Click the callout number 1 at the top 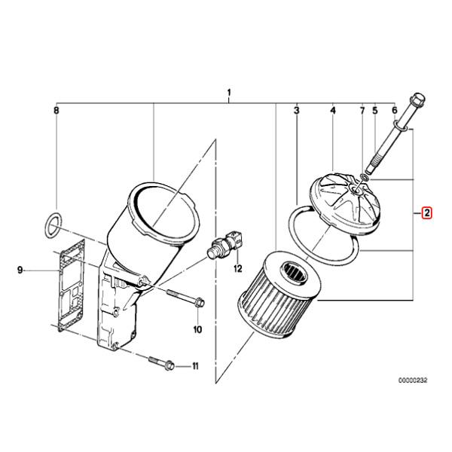pyautogui.click(x=229, y=93)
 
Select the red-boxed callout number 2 pyautogui.click(x=426, y=213)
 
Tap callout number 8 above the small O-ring pyautogui.click(x=56, y=110)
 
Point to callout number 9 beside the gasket pyautogui.click(x=20, y=270)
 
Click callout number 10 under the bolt pyautogui.click(x=197, y=329)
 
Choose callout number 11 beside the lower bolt pyautogui.click(x=195, y=366)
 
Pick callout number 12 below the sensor pyautogui.click(x=238, y=269)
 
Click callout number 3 pyautogui.click(x=297, y=110)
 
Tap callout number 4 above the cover pyautogui.click(x=333, y=110)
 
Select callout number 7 pyautogui.click(x=362, y=110)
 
